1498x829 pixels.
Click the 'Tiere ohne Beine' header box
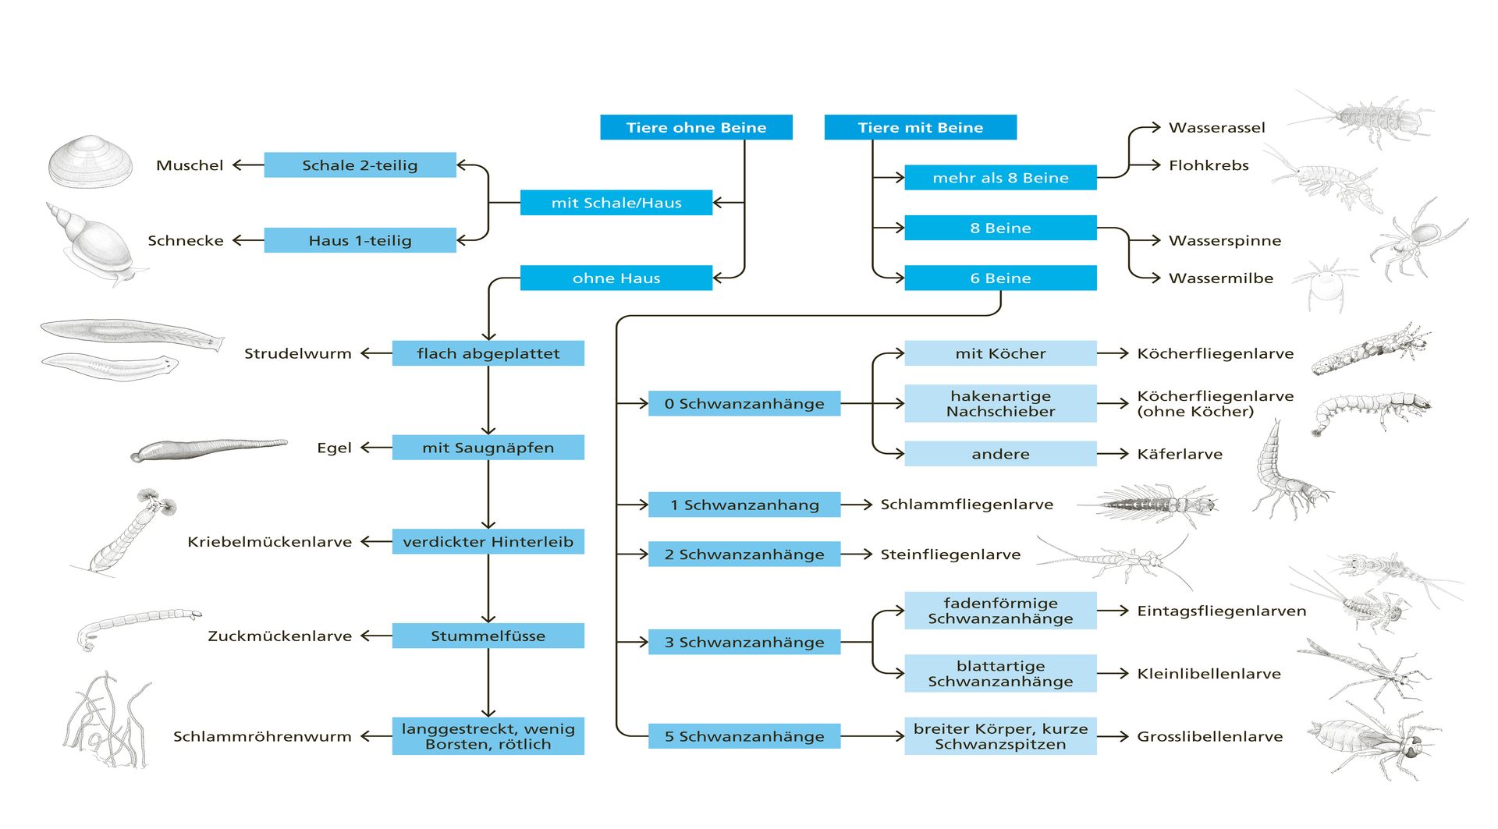tap(696, 127)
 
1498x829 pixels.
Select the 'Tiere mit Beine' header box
tap(920, 127)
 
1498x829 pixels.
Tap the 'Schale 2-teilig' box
tap(360, 165)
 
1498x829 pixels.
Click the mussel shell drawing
tap(90, 161)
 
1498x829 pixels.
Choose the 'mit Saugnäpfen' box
tap(488, 448)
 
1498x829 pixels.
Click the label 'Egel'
tap(334, 448)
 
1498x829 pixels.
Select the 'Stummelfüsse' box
tap(488, 636)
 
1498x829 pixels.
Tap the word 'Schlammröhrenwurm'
tap(262, 736)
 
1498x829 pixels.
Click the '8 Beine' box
tap(1000, 228)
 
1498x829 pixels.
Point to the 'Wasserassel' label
tap(1216, 127)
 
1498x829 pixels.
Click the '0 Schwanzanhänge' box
tap(744, 403)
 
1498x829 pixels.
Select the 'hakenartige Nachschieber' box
tap(1000, 403)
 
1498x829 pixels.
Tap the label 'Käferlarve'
tap(1179, 454)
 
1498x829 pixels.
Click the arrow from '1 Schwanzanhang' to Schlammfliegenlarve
tap(856, 505)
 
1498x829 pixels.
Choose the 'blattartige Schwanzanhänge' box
tap(1000, 673)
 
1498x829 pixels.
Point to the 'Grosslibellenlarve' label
tap(1209, 736)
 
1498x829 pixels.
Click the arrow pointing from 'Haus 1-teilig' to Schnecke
tap(248, 240)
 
